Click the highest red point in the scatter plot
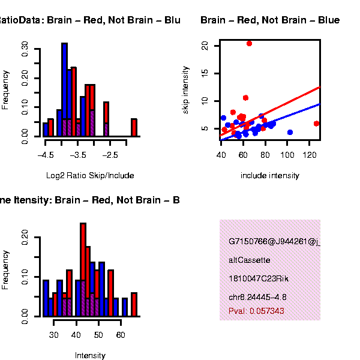pyautogui.click(x=249, y=43)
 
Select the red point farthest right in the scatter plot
pyautogui.click(x=316, y=124)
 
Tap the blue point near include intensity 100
pyautogui.click(x=290, y=132)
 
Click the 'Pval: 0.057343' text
pyautogui.click(x=256, y=311)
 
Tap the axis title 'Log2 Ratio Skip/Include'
pyautogui.click(x=90, y=176)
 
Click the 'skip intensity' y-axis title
pyautogui.click(x=186, y=90)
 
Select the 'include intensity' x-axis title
pyautogui.click(x=269, y=176)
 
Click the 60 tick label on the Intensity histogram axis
pyautogui.click(x=120, y=335)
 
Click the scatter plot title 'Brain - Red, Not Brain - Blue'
pyautogui.click(x=269, y=20)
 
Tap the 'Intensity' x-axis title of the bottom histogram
pyautogui.click(x=90, y=355)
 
